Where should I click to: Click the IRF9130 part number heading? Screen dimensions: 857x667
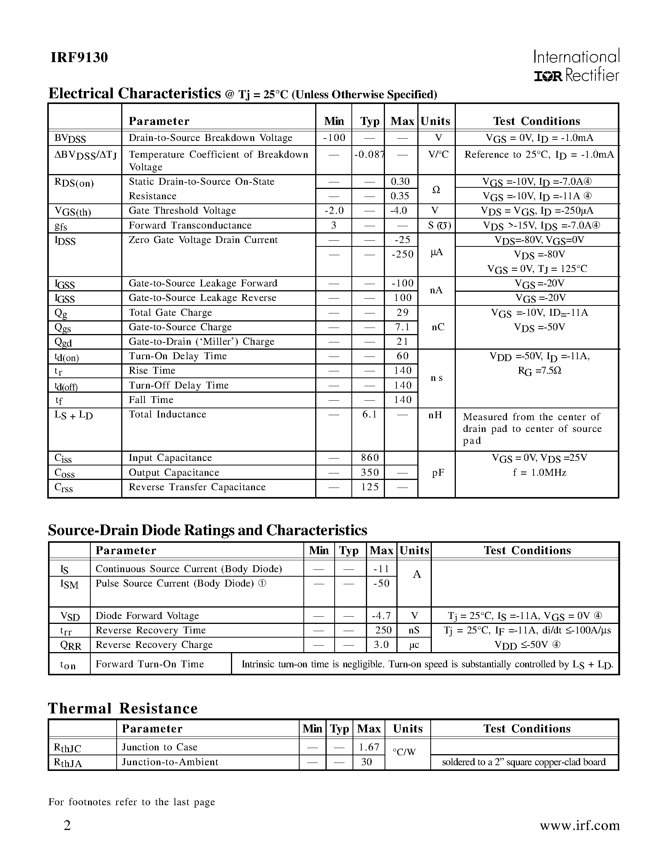tap(79, 58)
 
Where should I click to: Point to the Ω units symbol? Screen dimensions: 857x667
tap(436, 190)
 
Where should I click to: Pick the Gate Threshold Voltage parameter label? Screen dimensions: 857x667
tap(182, 211)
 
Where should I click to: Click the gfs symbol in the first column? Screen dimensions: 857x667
tap(61, 226)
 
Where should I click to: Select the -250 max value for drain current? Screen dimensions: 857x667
tap(402, 254)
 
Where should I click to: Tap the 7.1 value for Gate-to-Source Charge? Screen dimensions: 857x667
tap(402, 327)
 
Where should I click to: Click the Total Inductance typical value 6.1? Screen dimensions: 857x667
tap(369, 414)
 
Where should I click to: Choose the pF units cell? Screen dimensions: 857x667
tap(438, 473)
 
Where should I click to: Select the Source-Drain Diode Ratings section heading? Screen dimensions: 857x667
tap(207, 530)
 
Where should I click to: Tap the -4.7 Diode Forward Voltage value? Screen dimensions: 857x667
tap(381, 616)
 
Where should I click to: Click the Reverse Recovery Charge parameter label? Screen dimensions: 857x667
tap(154, 645)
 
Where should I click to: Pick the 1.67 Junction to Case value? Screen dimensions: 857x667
tap(369, 747)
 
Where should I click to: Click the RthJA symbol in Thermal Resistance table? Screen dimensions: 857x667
tap(67, 763)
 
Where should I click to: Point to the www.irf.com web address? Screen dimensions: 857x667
tap(579, 825)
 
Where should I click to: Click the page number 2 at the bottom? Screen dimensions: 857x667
tap(67, 826)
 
